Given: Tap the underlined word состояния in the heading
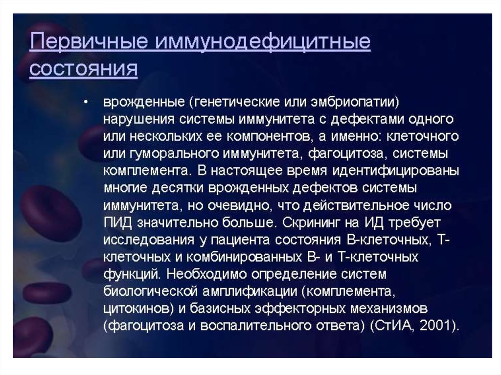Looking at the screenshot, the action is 83,68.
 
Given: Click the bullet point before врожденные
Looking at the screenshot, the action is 85,102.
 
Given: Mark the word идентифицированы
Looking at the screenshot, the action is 395,171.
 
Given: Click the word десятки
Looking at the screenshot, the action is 177,188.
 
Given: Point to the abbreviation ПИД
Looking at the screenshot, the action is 117,222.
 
